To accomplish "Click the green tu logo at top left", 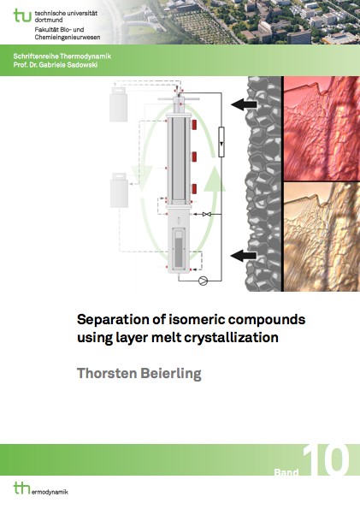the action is [x=22, y=15].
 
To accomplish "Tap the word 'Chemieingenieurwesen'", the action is [x=68, y=38].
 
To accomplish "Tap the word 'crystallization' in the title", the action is [x=232, y=338].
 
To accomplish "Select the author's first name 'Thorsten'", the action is [x=107, y=373].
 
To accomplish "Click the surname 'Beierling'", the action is [x=171, y=374].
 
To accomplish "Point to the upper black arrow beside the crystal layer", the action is [x=244, y=104].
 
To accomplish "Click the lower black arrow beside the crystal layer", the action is [x=244, y=256].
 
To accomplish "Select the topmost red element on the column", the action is [x=194, y=125].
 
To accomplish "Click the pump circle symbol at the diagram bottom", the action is [x=204, y=281].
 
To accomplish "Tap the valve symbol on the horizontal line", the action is [x=207, y=214].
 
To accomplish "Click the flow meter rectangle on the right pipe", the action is [x=221, y=142].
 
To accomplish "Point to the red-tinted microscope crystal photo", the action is [x=322, y=128].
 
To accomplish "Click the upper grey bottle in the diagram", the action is [x=118, y=104].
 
